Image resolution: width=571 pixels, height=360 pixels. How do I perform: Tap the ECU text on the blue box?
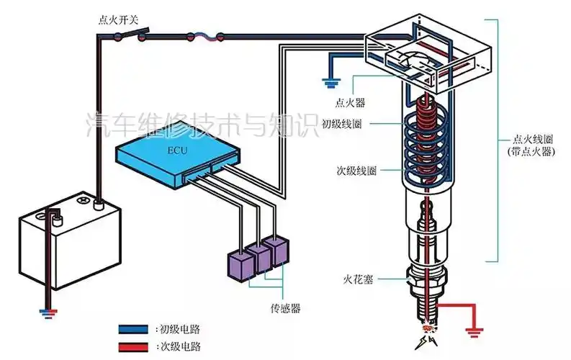pyautogui.click(x=176, y=151)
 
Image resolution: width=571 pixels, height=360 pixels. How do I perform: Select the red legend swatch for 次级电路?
pyautogui.click(x=136, y=346)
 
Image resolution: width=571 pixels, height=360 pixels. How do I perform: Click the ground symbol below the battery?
pyautogui.click(x=47, y=313)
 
